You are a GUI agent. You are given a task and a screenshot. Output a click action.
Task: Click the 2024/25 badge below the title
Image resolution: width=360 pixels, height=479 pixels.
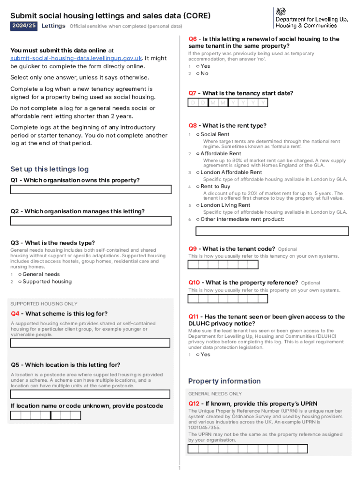coord(24,26)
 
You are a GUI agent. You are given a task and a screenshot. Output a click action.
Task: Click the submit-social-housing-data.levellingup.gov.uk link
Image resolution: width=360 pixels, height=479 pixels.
coord(76,58)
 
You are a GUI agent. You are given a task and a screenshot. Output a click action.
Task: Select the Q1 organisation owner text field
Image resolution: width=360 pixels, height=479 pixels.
coord(91,189)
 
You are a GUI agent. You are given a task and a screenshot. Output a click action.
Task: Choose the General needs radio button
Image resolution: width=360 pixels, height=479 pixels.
coord(20,274)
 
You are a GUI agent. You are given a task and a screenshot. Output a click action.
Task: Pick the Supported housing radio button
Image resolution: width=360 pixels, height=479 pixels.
coord(20,282)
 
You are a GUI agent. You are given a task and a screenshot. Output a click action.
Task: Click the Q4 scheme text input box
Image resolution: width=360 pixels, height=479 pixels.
coord(90,343)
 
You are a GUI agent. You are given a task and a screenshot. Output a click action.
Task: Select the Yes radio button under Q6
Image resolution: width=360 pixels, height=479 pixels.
coord(198,66)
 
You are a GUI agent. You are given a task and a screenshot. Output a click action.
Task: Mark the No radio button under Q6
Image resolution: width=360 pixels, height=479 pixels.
coord(198,73)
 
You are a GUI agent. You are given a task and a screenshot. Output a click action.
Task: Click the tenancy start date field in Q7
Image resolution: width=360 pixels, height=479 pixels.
coord(229,103)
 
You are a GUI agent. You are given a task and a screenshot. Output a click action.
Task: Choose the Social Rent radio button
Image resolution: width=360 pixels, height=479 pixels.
coord(198,134)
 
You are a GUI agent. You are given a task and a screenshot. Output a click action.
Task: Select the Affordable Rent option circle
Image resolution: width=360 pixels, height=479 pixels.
coord(198,153)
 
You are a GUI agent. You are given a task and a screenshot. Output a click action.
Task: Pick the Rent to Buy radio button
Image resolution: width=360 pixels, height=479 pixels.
coord(198,186)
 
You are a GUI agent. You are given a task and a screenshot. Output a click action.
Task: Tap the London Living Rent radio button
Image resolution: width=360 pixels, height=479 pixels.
coord(198,205)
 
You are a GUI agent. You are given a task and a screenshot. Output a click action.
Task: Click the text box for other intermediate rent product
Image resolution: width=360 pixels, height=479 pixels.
coord(272,231)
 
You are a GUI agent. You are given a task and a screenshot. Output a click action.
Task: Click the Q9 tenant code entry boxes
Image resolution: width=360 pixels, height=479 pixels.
coord(223,265)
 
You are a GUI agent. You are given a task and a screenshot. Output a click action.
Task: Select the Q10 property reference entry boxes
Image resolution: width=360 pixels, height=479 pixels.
coord(228,298)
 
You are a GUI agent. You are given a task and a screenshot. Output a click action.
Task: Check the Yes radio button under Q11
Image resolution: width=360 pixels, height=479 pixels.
coord(198,354)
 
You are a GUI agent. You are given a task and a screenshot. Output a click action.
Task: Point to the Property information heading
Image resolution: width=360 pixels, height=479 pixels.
coord(224,381)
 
